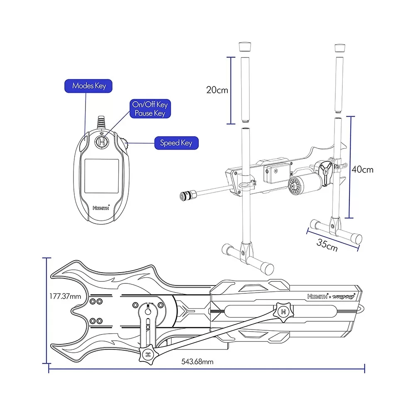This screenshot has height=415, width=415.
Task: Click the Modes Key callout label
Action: [x=89, y=86]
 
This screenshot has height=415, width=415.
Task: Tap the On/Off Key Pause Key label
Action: [x=149, y=109]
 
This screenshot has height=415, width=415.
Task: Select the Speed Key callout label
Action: [x=176, y=143]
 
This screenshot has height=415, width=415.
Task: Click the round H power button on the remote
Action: [x=101, y=142]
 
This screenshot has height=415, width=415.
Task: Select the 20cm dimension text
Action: [x=217, y=90]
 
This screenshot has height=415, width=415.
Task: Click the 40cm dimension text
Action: [x=362, y=169]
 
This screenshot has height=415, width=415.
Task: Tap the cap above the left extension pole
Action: [x=245, y=46]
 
